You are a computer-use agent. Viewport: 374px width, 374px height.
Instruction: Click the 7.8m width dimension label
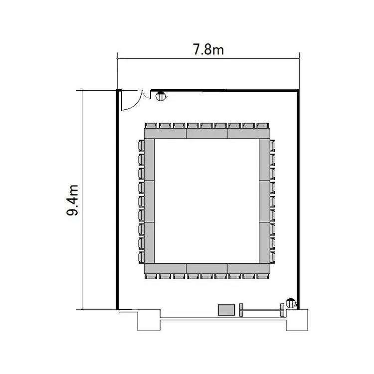tap(208, 50)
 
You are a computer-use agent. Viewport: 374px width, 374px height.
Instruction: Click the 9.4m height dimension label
tap(72, 200)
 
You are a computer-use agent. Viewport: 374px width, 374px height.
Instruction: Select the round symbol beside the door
tap(160, 96)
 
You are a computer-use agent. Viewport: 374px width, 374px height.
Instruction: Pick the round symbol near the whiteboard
tap(291, 303)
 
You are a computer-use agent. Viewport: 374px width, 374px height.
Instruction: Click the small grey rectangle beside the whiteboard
tap(226, 310)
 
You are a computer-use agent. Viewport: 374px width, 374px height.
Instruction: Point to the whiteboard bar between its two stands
tap(262, 310)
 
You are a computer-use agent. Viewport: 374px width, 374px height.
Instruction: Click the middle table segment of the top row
tap(207, 134)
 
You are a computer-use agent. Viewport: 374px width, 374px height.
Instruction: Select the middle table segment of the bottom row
tap(207, 269)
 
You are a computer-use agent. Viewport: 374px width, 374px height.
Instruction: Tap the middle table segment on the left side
tap(149, 201)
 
